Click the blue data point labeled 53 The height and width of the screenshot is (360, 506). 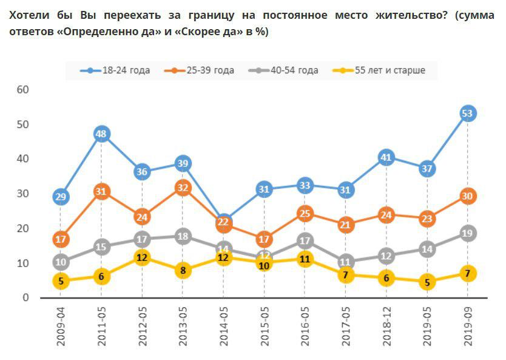467,114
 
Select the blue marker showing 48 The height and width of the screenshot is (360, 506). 101,134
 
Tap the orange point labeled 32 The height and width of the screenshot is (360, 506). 183,188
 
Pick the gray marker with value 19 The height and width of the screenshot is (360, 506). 467,233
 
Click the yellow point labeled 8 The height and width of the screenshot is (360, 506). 183,271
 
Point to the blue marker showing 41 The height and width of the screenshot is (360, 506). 386,158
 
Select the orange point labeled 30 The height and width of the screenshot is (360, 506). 467,196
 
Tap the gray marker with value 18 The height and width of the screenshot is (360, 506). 183,237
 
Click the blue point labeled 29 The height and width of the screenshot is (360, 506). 61,197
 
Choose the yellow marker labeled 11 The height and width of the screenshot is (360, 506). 305,259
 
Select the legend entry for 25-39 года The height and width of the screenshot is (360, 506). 203,70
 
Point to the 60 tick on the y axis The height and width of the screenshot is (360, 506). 23,90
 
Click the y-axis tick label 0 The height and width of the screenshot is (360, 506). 26,297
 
